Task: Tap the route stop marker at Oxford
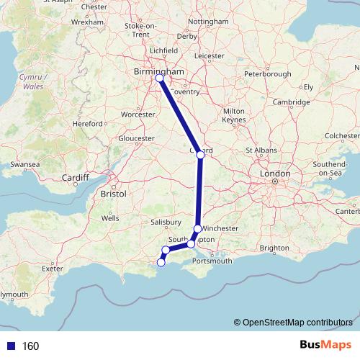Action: [x=200, y=155]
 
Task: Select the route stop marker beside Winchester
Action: [x=197, y=229]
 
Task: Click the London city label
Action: [x=275, y=174]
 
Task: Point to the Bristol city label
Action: [x=114, y=194]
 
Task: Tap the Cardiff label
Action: [x=74, y=177]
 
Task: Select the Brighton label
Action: [x=274, y=248]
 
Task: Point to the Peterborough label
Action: [x=267, y=74]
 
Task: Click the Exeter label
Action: [x=53, y=268]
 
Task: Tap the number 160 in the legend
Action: [x=30, y=346]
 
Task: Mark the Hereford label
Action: [x=88, y=124]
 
